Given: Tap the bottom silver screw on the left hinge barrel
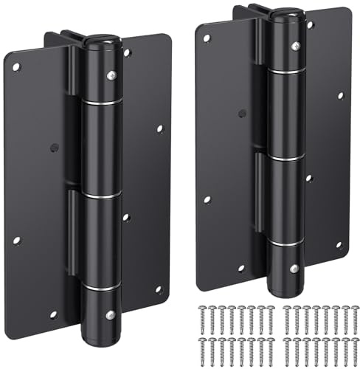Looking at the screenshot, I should tap(109, 315).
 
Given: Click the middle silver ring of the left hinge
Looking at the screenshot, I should tap(101, 195).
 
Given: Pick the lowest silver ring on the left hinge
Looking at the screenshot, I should tap(101, 286).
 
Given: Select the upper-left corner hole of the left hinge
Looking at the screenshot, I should tap(16, 67).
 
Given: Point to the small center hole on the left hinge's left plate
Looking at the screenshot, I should tap(54, 147).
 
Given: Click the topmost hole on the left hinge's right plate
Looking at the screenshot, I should tap(127, 53).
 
